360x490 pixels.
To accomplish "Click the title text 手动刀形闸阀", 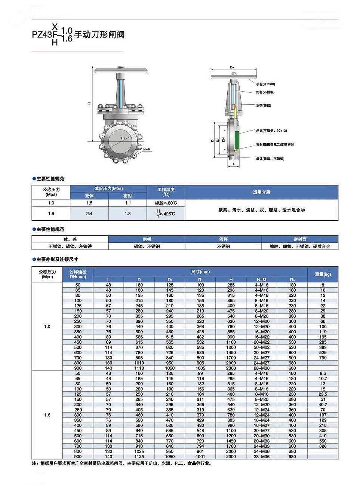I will coord(99,35).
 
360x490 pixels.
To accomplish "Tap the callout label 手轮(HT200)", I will coord(265,84).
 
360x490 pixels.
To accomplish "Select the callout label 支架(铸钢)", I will coord(264,106).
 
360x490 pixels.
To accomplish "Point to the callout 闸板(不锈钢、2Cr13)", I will coord(271,131).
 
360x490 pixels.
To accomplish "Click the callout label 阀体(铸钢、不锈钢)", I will coord(270,159).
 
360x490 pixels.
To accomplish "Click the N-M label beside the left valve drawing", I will coord(147,149).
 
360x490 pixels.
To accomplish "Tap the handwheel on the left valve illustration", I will coord(121,71).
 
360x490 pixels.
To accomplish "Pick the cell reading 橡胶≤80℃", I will coord(166,203).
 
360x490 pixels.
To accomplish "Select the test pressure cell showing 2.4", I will coord(89,214).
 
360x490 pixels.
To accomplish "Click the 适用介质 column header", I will coord(261,192).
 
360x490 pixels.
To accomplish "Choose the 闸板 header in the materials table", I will coord(147,239).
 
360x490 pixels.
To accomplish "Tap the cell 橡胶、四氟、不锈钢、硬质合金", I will coord(300,246).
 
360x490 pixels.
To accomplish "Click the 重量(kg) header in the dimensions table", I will coord(323,274).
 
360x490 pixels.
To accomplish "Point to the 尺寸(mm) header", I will coord(200,272).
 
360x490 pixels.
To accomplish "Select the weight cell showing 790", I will coord(323,358).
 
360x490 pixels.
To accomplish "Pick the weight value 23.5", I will coord(323,394).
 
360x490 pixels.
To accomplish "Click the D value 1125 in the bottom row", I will coord(139,457).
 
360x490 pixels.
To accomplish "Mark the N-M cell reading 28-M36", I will coord(262,457).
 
